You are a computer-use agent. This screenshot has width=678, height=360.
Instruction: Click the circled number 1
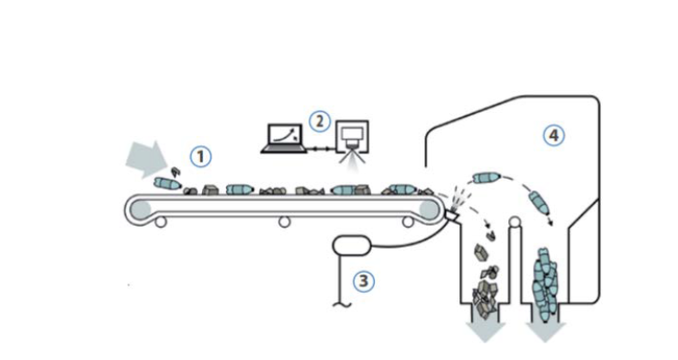201,156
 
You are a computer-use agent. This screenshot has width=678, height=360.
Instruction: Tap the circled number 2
320,121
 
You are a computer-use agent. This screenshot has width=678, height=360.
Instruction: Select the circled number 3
364,281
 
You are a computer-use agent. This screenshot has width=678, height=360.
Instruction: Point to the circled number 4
554,136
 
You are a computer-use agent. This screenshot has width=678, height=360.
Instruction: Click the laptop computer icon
284,139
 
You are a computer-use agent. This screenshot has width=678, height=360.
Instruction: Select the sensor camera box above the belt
353,137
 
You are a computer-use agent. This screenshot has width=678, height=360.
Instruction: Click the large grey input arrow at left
147,160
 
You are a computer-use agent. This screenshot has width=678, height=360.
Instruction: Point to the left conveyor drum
140,209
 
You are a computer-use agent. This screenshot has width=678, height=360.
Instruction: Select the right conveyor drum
429,209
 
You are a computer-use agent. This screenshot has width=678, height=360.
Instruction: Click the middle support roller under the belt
284,222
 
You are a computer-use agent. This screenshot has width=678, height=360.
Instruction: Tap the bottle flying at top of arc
486,177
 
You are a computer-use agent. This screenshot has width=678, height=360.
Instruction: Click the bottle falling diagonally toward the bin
539,203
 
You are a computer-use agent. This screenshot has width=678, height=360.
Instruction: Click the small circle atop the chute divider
514,222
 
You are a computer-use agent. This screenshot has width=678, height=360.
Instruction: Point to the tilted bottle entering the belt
167,184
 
